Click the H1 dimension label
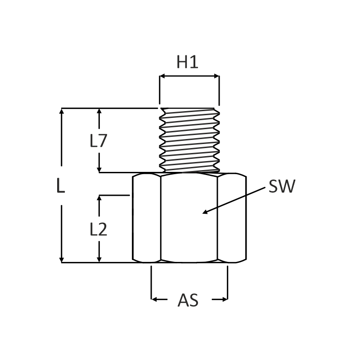187,62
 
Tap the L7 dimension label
98,141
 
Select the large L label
61,186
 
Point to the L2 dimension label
98,229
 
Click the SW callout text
282,186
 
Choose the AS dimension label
188,300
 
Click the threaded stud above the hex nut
189,139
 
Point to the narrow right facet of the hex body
231,218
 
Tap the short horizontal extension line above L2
114,195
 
